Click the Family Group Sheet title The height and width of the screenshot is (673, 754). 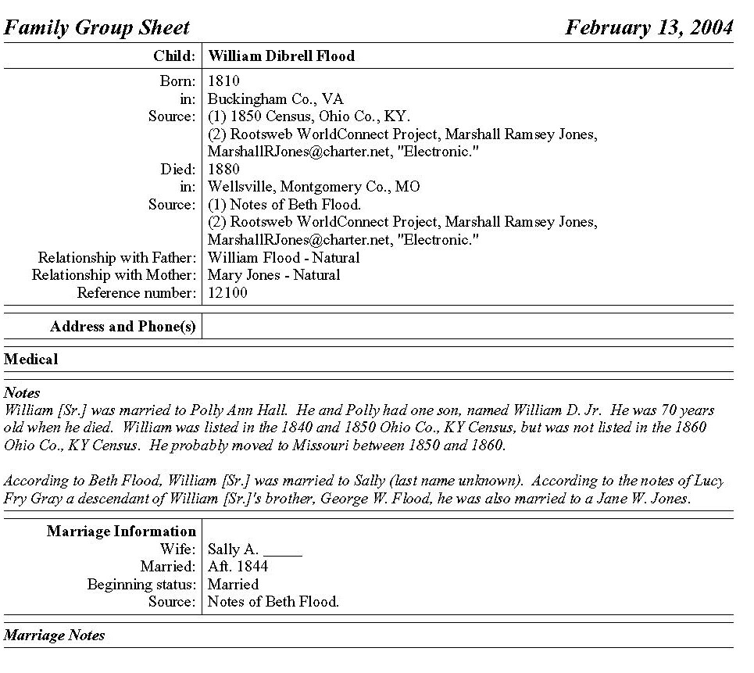pos(97,28)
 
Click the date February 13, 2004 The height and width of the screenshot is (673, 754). pos(649,28)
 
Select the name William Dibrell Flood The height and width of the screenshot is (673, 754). pos(281,56)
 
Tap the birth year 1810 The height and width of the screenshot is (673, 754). pos(223,81)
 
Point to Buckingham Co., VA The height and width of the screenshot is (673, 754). pos(275,99)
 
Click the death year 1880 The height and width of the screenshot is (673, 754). pos(223,170)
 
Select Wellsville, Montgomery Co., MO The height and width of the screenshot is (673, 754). pos(313,187)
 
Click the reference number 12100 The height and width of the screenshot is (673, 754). pos(227,293)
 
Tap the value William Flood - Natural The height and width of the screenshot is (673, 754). pos(284,258)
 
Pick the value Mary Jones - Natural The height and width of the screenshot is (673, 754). pos(273,275)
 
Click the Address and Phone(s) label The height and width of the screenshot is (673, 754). pos(123,327)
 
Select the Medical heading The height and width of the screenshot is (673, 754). pos(31,360)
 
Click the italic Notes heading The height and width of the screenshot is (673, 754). pos(22,392)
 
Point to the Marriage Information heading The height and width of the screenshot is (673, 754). pos(121,532)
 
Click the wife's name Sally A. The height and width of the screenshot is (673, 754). pos(233,549)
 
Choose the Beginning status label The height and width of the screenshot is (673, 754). pos(141,584)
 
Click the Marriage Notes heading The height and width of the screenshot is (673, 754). pos(54,635)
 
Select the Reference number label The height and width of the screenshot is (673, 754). pos(136,293)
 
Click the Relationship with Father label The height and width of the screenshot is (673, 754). pos(116,258)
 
